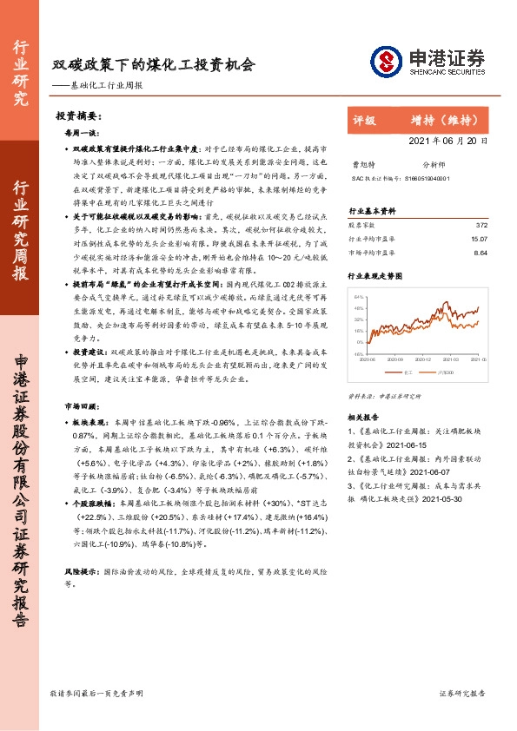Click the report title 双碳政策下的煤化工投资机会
154,64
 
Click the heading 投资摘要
79,116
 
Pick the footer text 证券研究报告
462,693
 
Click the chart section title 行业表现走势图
375,275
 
